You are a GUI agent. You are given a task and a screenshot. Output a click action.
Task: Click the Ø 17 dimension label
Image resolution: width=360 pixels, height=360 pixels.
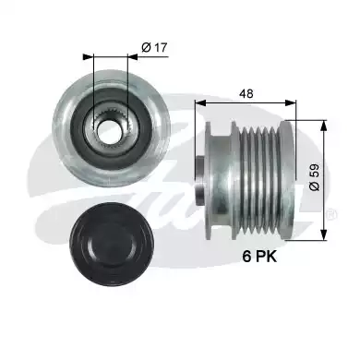[x=154, y=48]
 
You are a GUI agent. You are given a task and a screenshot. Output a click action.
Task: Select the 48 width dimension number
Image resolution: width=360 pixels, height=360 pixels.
[x=247, y=93]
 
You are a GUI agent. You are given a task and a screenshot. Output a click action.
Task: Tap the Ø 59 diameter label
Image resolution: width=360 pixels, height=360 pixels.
[x=315, y=177]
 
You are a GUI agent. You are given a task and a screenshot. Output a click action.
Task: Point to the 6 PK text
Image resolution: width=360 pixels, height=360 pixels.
[x=259, y=257]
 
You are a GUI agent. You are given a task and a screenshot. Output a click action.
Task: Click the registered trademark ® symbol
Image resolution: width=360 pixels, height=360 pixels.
[x=331, y=214]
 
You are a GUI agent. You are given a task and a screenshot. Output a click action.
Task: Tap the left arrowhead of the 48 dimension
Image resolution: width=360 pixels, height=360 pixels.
[x=199, y=102]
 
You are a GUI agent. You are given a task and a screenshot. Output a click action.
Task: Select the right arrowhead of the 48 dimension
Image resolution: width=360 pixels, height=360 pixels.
[x=291, y=102]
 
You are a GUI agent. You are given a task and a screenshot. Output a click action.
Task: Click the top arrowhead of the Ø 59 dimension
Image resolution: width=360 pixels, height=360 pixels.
[x=323, y=126]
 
